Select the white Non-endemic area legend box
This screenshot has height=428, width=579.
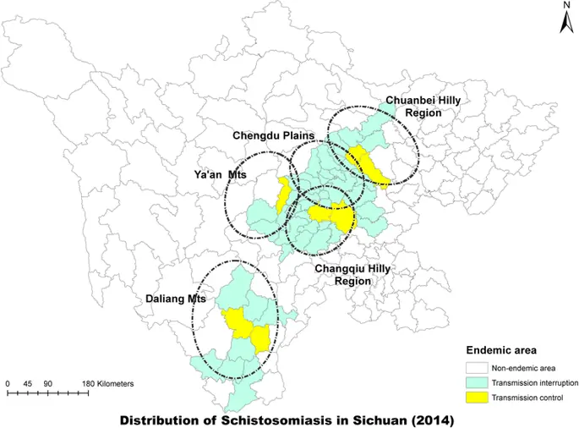point(475,368)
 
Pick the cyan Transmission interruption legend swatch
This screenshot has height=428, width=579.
point(475,382)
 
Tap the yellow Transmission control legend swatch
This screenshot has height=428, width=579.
point(475,398)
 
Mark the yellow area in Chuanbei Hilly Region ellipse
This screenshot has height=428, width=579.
point(369,166)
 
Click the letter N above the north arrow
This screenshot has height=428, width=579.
point(566,6)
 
